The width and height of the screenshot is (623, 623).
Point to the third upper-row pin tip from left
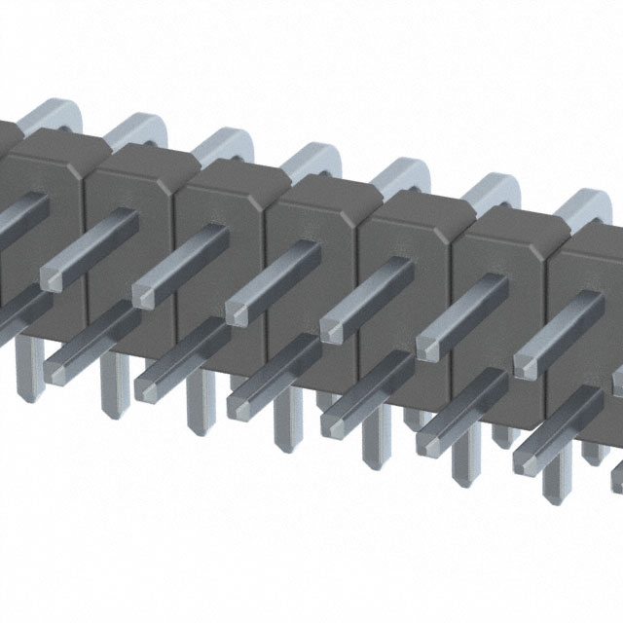(240, 312)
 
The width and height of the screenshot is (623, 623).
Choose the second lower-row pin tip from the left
(151, 386)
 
